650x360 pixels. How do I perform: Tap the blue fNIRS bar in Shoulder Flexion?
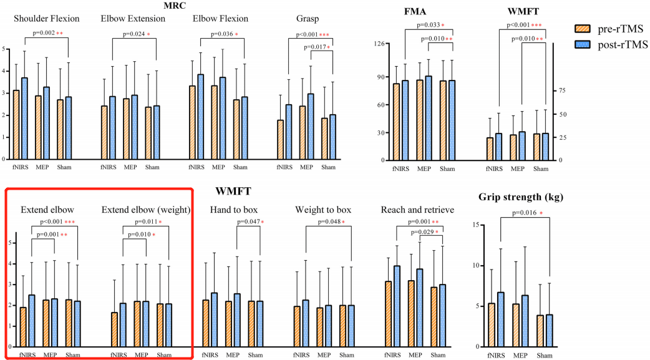point(24,119)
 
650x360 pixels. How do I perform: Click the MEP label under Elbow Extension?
point(130,168)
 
